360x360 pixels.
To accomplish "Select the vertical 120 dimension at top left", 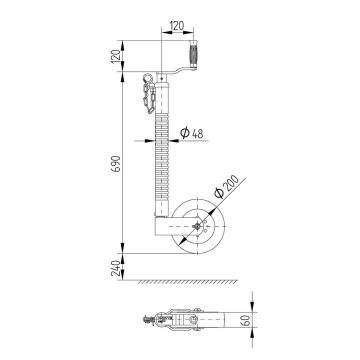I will pyautogui.click(x=117, y=58).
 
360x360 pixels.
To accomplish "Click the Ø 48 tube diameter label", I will pyautogui.click(x=197, y=134).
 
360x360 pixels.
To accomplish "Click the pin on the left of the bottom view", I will pyautogui.click(x=150, y=323).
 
